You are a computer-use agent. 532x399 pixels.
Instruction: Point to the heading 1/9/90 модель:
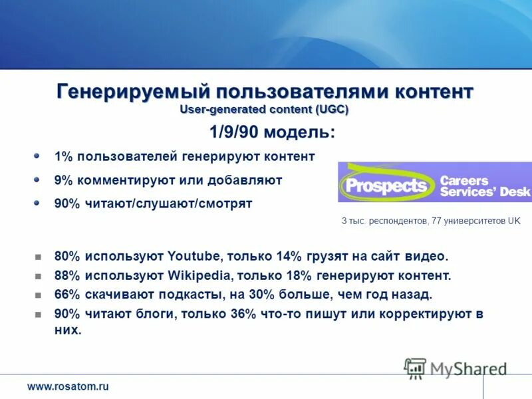click(273, 132)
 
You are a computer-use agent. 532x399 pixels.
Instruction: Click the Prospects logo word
click(385, 185)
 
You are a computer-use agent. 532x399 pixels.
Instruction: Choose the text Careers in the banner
click(464, 180)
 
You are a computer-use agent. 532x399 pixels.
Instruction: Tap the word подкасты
click(184, 294)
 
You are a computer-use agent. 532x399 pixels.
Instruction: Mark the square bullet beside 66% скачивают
click(38, 295)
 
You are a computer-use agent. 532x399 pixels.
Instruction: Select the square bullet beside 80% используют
click(38, 257)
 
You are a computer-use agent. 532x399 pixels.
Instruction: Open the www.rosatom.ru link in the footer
click(68, 386)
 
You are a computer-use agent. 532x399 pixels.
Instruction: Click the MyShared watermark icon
click(416, 368)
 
